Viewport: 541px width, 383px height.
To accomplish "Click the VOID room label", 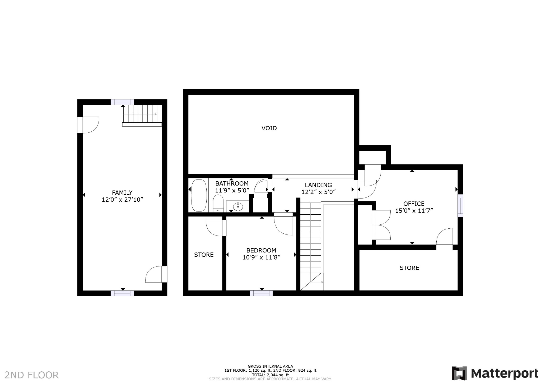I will point(269,128).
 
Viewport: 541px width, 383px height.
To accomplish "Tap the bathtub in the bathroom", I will point(199,195).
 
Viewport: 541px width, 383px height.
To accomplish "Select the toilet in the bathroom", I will point(218,203).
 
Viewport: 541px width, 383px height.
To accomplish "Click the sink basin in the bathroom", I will point(238,206).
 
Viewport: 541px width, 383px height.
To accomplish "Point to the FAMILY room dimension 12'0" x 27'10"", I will point(122,200).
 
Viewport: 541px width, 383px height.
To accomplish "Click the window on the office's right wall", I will point(460,206).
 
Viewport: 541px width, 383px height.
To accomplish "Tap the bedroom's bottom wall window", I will point(261,293).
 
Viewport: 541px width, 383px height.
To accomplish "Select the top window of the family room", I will point(122,102).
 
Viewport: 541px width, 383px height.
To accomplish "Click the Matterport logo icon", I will point(459,373).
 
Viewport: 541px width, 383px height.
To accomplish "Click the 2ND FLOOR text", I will point(32,375).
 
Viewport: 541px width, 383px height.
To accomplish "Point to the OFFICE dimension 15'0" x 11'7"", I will point(414,211).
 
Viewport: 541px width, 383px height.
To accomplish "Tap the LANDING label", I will point(318,185).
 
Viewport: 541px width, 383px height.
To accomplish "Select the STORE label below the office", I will point(409,268).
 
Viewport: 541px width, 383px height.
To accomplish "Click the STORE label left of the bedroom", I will point(204,255).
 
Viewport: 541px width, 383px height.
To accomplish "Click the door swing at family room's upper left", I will point(90,125).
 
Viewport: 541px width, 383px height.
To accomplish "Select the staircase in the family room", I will point(142,114).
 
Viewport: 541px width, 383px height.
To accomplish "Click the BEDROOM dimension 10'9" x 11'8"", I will point(261,257).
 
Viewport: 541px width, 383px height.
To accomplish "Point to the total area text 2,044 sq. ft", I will point(270,375).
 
